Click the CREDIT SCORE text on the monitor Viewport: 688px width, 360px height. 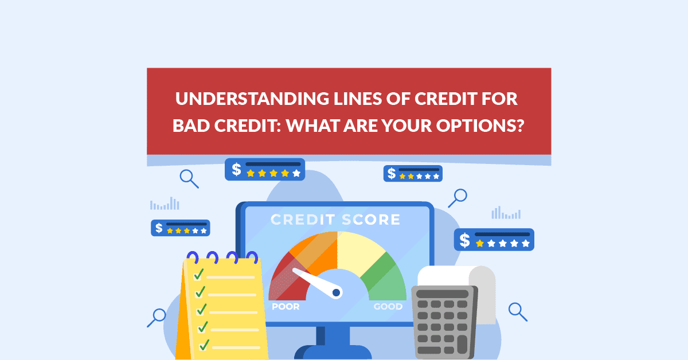(335, 220)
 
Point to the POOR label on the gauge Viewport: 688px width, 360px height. (286, 307)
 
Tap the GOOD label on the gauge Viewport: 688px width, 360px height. (388, 307)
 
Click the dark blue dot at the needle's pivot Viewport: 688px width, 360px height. (337, 293)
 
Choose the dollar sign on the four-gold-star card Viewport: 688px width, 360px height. (236, 169)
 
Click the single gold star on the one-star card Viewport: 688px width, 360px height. (479, 243)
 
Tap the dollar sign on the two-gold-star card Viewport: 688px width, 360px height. (392, 173)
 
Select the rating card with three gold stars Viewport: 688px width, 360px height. (180, 228)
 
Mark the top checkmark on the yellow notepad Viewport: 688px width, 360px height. (199, 275)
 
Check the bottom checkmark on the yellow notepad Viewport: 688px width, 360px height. (204, 345)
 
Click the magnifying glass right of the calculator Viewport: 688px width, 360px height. (517, 311)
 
